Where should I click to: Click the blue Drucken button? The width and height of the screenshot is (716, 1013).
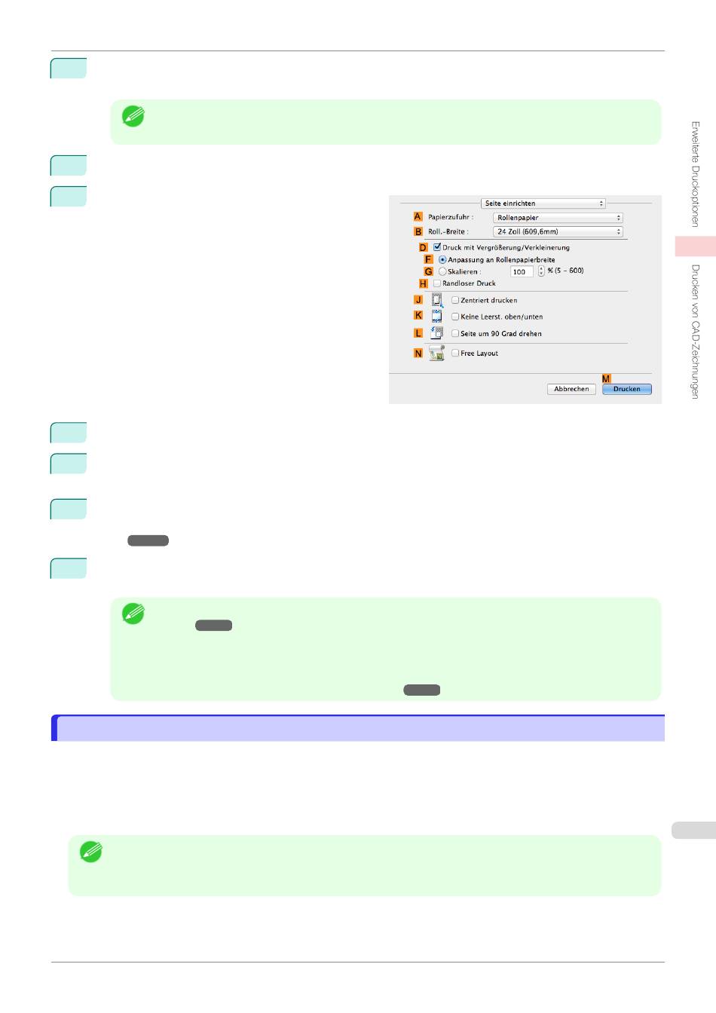pyautogui.click(x=626, y=389)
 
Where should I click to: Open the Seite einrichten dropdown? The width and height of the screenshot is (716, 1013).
pyautogui.click(x=543, y=204)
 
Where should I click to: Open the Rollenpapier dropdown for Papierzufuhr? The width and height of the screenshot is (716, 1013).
pyautogui.click(x=558, y=218)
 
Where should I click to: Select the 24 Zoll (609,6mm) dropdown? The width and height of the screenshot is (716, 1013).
pyautogui.click(x=558, y=232)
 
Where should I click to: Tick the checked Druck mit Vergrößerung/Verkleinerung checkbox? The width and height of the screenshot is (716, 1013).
pyautogui.click(x=437, y=247)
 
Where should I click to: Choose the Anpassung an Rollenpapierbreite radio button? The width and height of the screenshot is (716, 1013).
pyautogui.click(x=442, y=259)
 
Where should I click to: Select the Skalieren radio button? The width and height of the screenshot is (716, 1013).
pyautogui.click(x=442, y=271)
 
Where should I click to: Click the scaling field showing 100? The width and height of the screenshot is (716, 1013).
pyautogui.click(x=521, y=271)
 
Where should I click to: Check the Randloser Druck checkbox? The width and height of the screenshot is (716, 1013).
pyautogui.click(x=437, y=283)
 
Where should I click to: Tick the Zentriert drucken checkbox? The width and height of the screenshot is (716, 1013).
pyautogui.click(x=455, y=300)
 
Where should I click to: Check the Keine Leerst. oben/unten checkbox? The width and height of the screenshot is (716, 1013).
pyautogui.click(x=455, y=317)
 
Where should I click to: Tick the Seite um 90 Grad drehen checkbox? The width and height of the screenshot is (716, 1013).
pyautogui.click(x=455, y=333)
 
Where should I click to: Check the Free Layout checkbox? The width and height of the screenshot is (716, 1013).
pyautogui.click(x=455, y=353)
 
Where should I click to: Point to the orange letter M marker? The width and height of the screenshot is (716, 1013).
pyautogui.click(x=606, y=378)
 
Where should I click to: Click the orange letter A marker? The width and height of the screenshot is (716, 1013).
pyautogui.click(x=418, y=216)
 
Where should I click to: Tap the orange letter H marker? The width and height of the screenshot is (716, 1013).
pyautogui.click(x=424, y=283)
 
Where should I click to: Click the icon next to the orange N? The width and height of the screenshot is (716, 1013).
pyautogui.click(x=436, y=353)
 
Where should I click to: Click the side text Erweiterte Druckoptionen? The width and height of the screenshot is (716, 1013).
pyautogui.click(x=695, y=174)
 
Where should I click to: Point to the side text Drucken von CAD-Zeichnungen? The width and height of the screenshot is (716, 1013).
pyautogui.click(x=695, y=331)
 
